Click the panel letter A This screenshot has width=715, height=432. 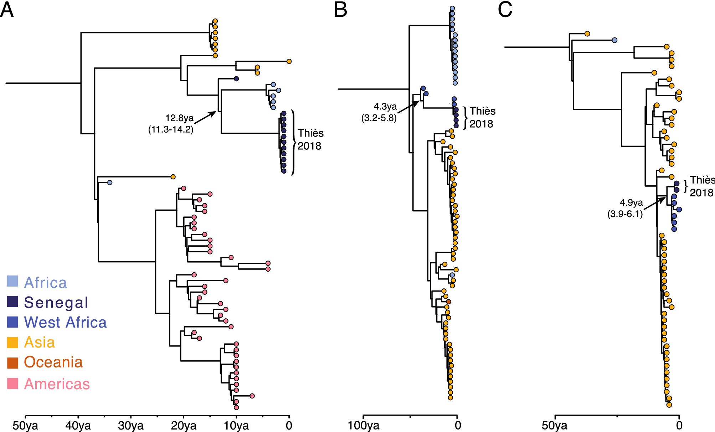click(x=7, y=10)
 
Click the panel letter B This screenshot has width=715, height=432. click(x=340, y=10)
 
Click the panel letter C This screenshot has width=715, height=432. click(x=505, y=10)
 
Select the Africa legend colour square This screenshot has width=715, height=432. click(x=12, y=281)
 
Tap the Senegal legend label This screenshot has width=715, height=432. click(x=56, y=303)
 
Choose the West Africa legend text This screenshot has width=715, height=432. click(x=65, y=322)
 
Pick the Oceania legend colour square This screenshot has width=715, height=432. click(x=12, y=362)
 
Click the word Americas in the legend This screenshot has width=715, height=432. click(x=57, y=384)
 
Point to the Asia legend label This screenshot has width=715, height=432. click(x=40, y=342)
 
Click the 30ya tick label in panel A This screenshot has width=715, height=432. click(x=131, y=426)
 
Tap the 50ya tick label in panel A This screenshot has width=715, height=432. click(x=25, y=426)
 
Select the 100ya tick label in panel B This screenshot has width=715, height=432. click(x=364, y=426)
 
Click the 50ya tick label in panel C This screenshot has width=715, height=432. click(x=555, y=426)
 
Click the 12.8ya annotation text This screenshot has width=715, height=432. click(x=179, y=118)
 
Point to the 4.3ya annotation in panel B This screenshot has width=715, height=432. click(x=385, y=107)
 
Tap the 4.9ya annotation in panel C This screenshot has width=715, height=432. click(x=631, y=203)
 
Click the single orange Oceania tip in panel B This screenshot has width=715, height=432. click(x=448, y=302)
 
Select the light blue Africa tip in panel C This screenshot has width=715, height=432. click(x=614, y=40)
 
